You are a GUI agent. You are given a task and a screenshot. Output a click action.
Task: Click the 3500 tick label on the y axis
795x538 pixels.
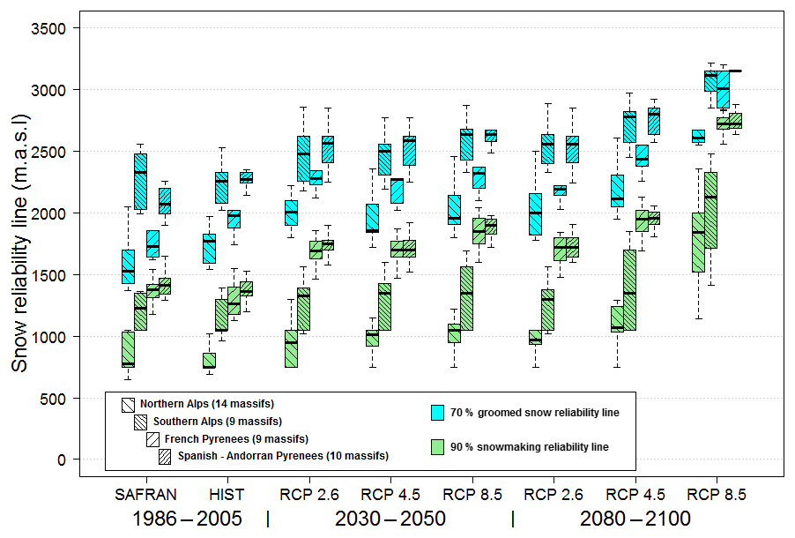[x=50, y=28]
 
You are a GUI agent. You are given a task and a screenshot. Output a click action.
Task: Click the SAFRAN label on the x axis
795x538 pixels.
[x=146, y=494]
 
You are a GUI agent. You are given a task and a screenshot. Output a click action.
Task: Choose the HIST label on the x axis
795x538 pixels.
[x=227, y=494]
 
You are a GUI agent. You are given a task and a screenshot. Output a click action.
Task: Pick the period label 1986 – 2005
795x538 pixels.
[x=186, y=519]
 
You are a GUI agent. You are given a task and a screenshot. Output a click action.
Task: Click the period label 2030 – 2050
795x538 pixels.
[x=390, y=519]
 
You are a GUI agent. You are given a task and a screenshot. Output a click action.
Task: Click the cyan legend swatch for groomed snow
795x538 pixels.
[x=436, y=412]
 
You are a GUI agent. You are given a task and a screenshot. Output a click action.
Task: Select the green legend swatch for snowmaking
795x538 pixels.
[x=436, y=446]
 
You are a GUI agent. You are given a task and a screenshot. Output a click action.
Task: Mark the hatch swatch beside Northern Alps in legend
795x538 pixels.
[x=128, y=404]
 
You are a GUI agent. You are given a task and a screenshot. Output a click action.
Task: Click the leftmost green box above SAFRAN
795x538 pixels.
[x=128, y=349]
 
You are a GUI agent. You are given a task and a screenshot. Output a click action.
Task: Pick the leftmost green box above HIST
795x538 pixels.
[x=209, y=361]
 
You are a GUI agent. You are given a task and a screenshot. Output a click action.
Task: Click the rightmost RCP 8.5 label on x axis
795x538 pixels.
[x=717, y=494]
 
